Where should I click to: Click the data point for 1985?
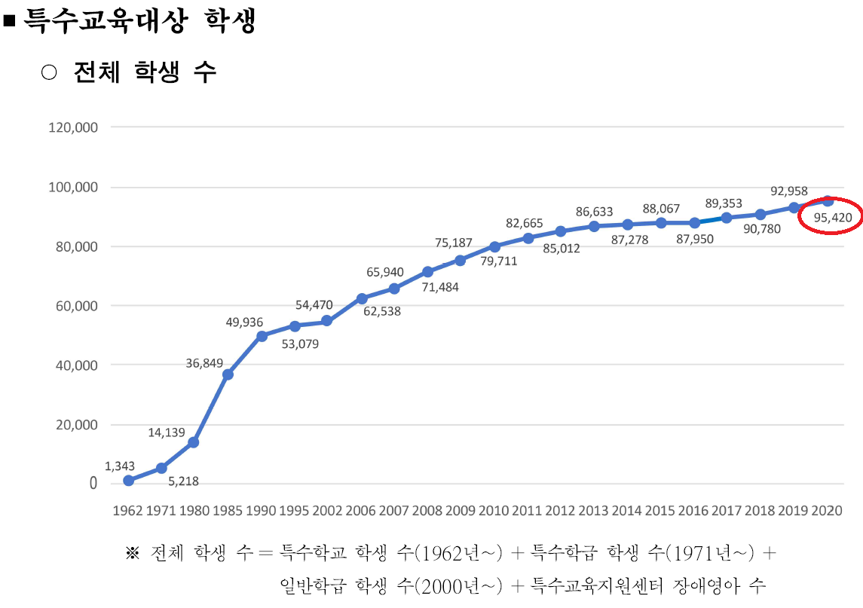coord(228,374)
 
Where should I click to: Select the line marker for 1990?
coord(262,336)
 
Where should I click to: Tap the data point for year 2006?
coord(362,298)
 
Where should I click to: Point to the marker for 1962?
coord(128,480)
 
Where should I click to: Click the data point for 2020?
coord(828,200)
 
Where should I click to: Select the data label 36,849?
coord(204,363)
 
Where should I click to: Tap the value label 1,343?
coord(120,466)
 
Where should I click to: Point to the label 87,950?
coord(693,238)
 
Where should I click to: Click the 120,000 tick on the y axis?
coord(73,127)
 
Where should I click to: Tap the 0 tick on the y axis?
coord(93,484)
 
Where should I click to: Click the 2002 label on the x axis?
coord(328,510)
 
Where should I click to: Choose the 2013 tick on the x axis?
coord(594,510)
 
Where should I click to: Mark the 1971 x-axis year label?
coord(161,510)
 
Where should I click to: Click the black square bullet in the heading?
coord(10,21)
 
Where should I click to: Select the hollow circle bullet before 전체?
coord(49,72)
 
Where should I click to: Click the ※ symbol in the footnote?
coord(133,555)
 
